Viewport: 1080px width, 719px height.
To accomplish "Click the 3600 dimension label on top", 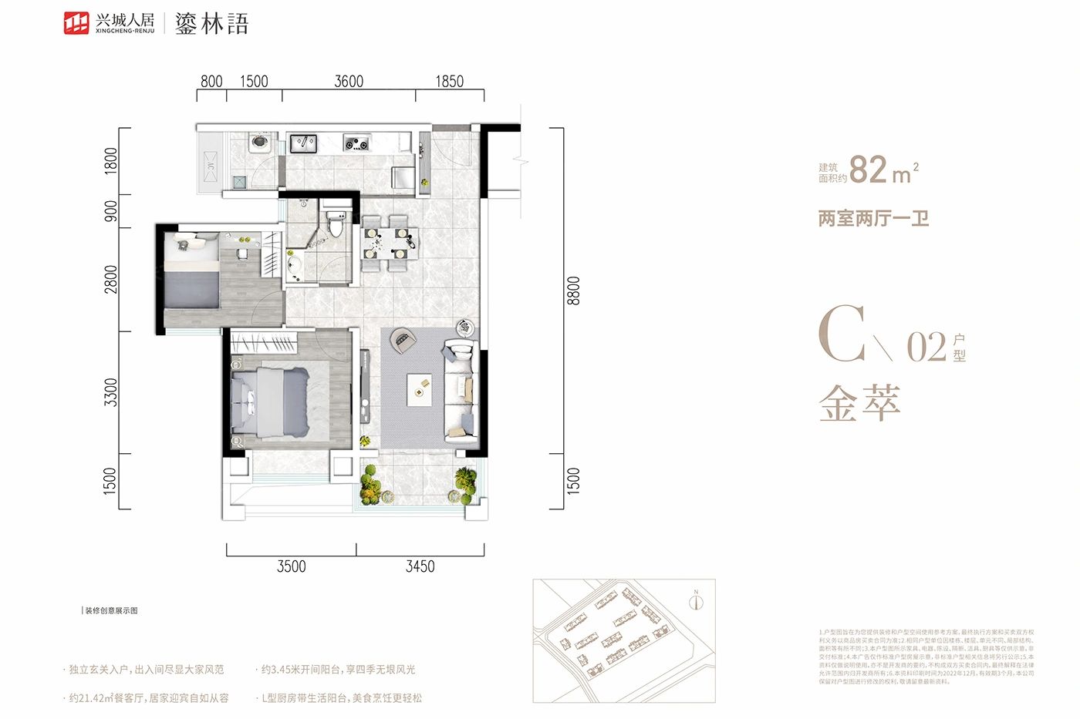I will [x=349, y=82].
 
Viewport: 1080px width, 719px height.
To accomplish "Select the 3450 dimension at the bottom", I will [x=420, y=566].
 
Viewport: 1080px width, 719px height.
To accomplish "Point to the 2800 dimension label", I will [x=112, y=279].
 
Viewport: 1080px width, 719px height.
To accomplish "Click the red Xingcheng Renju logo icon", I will [x=76, y=23].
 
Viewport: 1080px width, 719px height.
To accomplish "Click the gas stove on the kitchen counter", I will [x=356, y=143].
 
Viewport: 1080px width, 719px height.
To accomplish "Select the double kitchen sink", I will [x=302, y=143].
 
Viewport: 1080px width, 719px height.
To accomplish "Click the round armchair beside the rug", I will [x=402, y=340].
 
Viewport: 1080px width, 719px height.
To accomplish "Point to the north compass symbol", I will [x=696, y=601].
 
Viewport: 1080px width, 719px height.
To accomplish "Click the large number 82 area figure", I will [x=869, y=170].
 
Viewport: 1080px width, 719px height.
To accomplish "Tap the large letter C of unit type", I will [x=842, y=334].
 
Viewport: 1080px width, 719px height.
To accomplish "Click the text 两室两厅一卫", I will [x=873, y=219].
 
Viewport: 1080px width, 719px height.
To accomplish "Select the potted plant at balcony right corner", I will [x=465, y=482].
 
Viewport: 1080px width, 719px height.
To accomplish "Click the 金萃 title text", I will [x=859, y=402].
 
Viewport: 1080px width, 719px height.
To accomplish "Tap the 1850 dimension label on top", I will [x=450, y=82].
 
